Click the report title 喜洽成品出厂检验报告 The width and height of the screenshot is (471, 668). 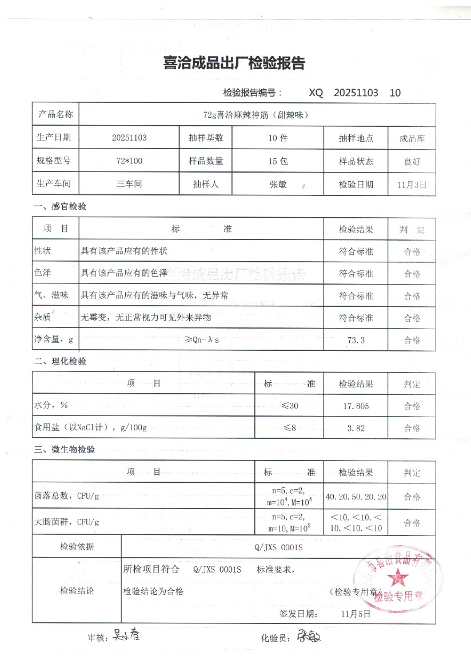click(234, 63)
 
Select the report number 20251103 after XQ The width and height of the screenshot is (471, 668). click(356, 93)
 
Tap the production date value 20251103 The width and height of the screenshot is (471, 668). click(130, 138)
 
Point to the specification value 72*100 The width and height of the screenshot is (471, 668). click(129, 161)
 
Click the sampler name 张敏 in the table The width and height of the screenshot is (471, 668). click(278, 185)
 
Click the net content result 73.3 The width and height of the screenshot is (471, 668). click(356, 341)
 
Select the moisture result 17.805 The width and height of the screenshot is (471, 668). click(356, 406)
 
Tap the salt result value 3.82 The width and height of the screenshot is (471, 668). click(356, 428)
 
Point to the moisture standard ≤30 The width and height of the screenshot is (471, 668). click(290, 406)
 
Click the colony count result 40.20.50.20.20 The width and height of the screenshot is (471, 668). click(356, 497)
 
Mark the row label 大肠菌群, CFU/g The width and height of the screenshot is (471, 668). click(67, 522)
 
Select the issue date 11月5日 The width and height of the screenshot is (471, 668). click(356, 614)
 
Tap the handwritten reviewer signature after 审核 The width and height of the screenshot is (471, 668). click(126, 634)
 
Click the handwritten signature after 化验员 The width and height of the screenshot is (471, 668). click(309, 636)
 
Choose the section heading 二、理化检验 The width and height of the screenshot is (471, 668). click(60, 361)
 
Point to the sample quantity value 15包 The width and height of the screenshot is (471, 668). click(278, 161)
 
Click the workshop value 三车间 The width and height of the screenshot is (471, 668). click(129, 185)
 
